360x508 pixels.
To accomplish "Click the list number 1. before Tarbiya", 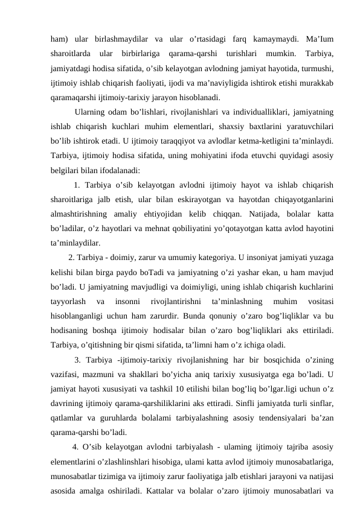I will click(77, 184).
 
